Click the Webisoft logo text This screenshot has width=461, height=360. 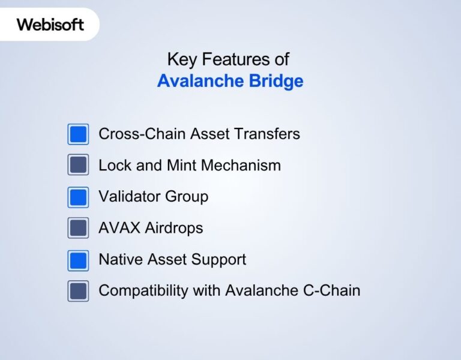50,25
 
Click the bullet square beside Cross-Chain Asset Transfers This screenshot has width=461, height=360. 78,134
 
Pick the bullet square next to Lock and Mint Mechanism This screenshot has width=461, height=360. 78,165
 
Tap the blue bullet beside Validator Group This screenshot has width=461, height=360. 78,197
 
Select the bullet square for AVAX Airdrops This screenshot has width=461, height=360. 78,228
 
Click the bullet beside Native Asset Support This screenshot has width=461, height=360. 78,260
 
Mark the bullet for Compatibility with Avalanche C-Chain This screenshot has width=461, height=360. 78,291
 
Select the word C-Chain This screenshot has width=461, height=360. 333,291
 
